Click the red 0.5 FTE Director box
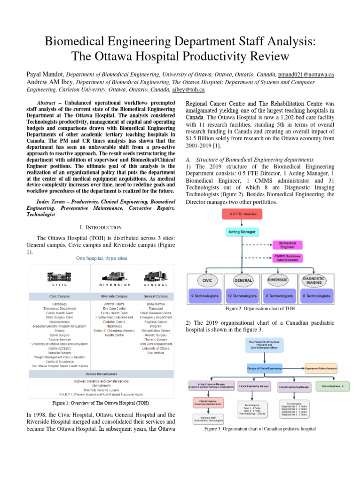[243, 214]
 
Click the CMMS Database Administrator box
[287, 258]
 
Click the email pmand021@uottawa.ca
[306, 74]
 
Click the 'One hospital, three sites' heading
[101, 258]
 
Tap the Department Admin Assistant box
[327, 368]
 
